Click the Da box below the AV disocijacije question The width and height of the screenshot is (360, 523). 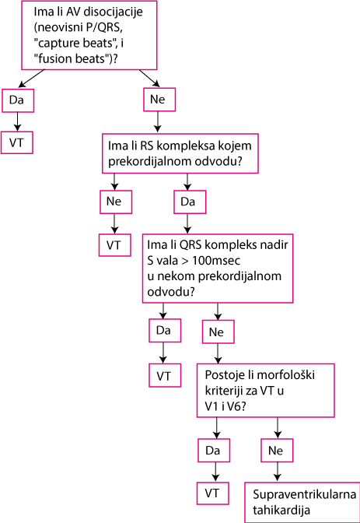pyautogui.click(x=18, y=100)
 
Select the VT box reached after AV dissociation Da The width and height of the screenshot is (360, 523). pyautogui.click(x=17, y=142)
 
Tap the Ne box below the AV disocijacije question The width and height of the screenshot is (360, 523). pyautogui.click(x=159, y=100)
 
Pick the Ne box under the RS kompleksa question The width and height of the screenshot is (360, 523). pyautogui.click(x=116, y=202)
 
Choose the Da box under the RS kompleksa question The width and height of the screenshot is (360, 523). pyautogui.click(x=190, y=202)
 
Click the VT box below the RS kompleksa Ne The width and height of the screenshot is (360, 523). pyautogui.click(x=114, y=245)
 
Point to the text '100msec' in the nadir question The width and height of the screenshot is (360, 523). pyautogui.click(x=215, y=260)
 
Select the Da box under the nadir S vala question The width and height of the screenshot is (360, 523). pyautogui.click(x=165, y=330)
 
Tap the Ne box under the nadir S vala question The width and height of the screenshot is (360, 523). pyautogui.click(x=218, y=332)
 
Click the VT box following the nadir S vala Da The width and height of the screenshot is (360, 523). pyautogui.click(x=165, y=376)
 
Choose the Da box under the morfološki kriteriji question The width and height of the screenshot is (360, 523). pyautogui.click(x=214, y=451)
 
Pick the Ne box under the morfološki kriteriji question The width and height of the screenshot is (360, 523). pyautogui.click(x=277, y=451)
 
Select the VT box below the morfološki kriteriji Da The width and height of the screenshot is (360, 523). pyautogui.click(x=213, y=493)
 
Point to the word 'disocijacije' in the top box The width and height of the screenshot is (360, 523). pyautogui.click(x=114, y=12)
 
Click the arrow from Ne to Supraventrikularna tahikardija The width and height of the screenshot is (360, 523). pyautogui.click(x=278, y=472)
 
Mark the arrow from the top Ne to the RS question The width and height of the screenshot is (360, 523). pyautogui.click(x=158, y=121)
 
